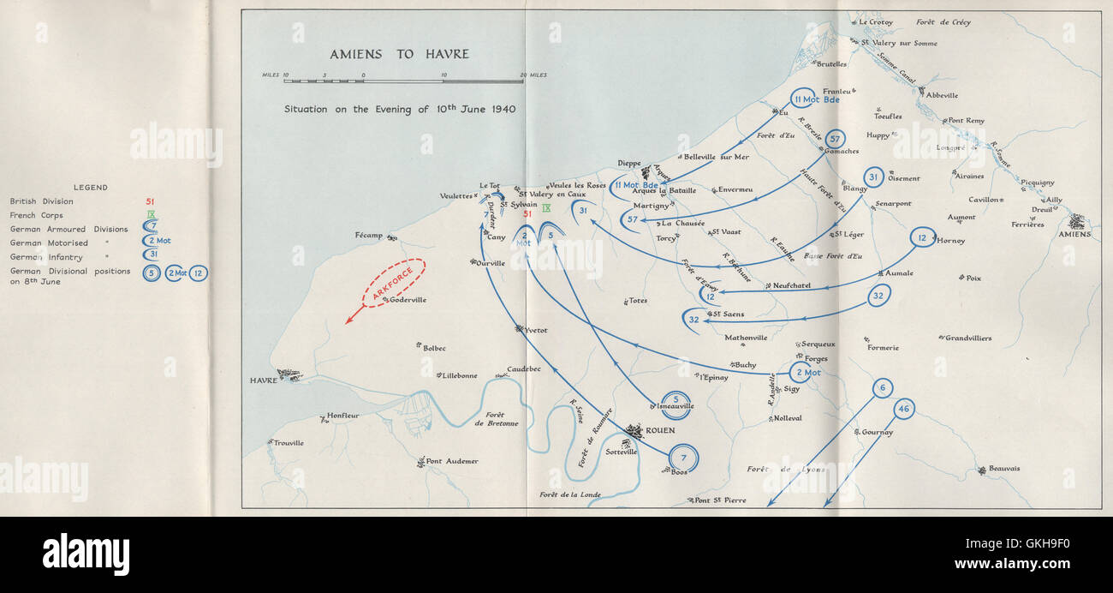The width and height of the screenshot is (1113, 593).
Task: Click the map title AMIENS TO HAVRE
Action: point(400,54)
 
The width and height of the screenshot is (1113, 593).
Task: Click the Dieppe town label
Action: point(629,163)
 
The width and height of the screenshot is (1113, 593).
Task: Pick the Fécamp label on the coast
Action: point(369,235)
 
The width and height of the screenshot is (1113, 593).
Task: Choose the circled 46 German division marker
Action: point(903,409)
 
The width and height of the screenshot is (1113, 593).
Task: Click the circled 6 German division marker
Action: point(883,387)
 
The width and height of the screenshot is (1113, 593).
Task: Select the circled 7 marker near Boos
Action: point(683,458)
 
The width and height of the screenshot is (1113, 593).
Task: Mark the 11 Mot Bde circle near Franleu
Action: point(802,99)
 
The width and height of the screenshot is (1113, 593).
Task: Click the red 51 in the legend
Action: point(151,201)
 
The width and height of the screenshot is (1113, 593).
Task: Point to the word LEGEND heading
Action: point(90,187)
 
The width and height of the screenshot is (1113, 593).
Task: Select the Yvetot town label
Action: point(536,330)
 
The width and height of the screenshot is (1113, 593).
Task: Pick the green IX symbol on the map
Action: point(546,208)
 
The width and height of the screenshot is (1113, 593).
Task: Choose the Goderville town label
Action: point(408,300)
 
